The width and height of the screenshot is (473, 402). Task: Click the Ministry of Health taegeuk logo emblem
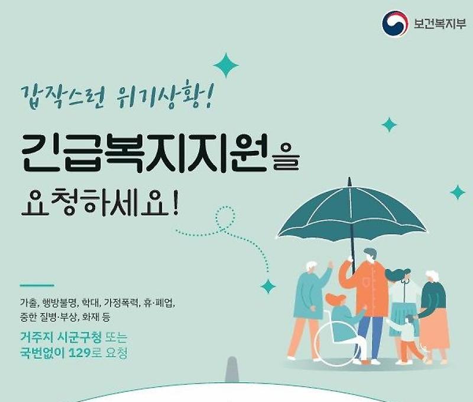(x=395, y=24)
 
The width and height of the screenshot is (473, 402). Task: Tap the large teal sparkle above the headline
(x=225, y=65)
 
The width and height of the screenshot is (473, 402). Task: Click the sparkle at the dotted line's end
(x=268, y=287)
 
